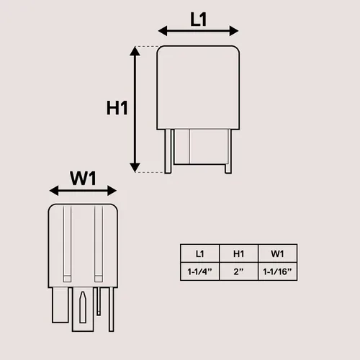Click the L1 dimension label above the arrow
[x=198, y=19]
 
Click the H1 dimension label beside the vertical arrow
[x=117, y=108]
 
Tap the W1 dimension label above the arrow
[x=83, y=179]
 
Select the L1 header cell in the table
[x=200, y=253]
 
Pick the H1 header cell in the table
[x=239, y=253]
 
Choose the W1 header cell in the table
[x=278, y=253]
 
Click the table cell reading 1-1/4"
[x=200, y=271]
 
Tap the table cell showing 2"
[x=239, y=271]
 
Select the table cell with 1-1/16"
[x=278, y=271]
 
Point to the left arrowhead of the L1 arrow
[x=163, y=31]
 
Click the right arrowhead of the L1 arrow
[x=234, y=31]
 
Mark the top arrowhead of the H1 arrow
[x=135, y=51]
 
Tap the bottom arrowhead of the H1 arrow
[x=135, y=167]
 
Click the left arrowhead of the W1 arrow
[x=54, y=191]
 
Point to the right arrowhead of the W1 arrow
[x=112, y=191]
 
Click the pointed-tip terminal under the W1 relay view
[x=83, y=307]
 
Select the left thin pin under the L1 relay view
[x=168, y=151]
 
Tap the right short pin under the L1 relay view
[x=228, y=151]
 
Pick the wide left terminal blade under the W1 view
[x=60, y=305]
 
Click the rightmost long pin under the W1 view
[x=112, y=310]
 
